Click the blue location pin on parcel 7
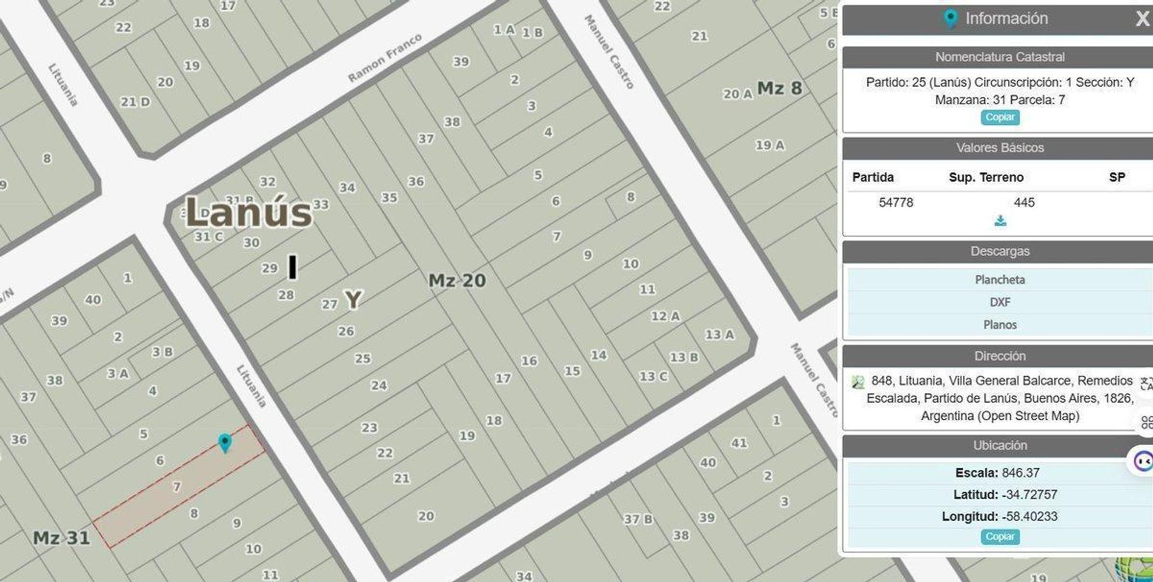(x=225, y=442)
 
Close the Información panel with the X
(x=1142, y=19)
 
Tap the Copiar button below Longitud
(x=1000, y=537)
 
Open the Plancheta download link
(x=1000, y=280)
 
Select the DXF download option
(x=1000, y=302)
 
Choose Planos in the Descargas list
(x=1000, y=325)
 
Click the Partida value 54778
(x=896, y=203)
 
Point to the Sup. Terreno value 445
(x=1024, y=203)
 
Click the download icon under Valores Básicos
(x=1000, y=221)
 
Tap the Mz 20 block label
(x=457, y=281)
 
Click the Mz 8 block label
(x=779, y=88)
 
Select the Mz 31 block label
(x=61, y=538)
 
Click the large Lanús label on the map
(x=248, y=213)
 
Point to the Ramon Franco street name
(x=384, y=58)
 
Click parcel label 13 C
(x=653, y=377)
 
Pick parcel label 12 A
(x=665, y=316)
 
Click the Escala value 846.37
(x=1020, y=473)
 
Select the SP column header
(x=1116, y=177)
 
